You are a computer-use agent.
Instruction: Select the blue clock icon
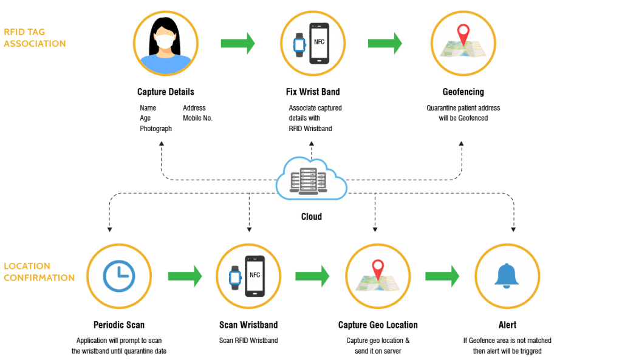click(x=119, y=276)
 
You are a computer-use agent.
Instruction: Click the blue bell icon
click(x=507, y=276)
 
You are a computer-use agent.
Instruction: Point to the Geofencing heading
click(x=463, y=92)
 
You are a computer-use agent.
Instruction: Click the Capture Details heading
click(x=165, y=92)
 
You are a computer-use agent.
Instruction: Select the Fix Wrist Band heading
click(x=312, y=92)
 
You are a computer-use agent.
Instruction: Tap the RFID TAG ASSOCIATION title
click(x=35, y=38)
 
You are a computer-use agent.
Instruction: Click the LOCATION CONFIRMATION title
click(x=39, y=272)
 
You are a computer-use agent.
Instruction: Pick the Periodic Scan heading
click(x=119, y=325)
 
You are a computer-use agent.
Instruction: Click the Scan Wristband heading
click(x=248, y=325)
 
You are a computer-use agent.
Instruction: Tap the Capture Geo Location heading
click(x=378, y=325)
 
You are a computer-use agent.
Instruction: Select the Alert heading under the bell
click(x=507, y=325)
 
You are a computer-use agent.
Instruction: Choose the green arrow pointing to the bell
click(x=442, y=276)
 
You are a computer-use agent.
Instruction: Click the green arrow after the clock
click(x=185, y=276)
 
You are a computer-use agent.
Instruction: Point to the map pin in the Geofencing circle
click(x=463, y=35)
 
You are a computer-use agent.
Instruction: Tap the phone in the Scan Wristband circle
click(x=255, y=276)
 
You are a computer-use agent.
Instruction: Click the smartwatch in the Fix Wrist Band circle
click(x=299, y=44)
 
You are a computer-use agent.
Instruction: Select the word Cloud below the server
click(x=312, y=216)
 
